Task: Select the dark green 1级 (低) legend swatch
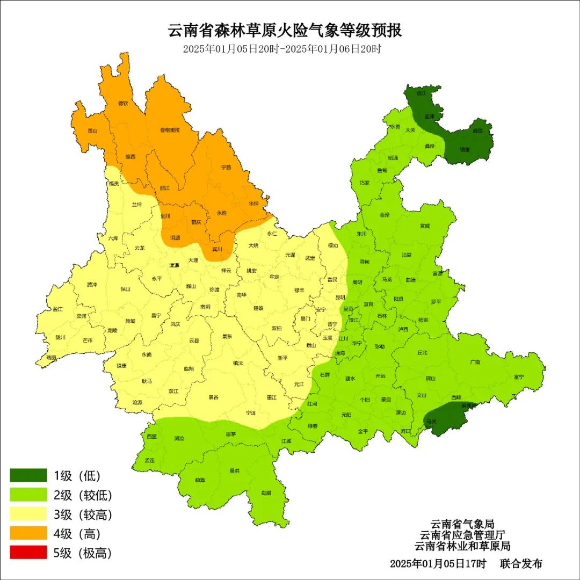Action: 28,475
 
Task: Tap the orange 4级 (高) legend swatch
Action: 28,533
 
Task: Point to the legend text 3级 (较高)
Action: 83,514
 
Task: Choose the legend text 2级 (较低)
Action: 83,495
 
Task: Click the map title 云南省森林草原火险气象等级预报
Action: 285,30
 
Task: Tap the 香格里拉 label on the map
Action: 170,130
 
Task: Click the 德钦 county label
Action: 123,103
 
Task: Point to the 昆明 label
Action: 340,297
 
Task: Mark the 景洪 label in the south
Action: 234,471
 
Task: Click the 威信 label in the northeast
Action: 477,130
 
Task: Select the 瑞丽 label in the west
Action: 52,357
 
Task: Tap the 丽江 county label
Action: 165,188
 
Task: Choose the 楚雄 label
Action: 258,308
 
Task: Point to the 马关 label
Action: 431,422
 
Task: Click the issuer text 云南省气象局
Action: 462,524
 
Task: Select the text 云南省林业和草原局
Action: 462,546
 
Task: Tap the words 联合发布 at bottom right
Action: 521,564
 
